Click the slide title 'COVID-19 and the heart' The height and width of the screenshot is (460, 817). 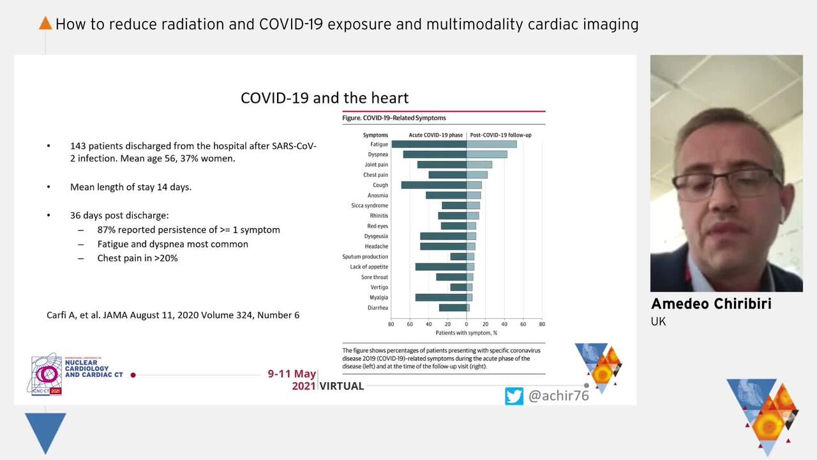click(x=324, y=98)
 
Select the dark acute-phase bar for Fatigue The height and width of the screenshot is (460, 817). click(x=429, y=144)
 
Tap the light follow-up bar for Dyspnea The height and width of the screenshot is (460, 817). click(x=486, y=155)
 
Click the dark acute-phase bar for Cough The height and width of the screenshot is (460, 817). click(x=434, y=185)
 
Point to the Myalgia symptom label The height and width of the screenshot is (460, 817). click(x=379, y=298)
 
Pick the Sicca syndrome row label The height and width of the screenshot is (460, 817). click(x=370, y=206)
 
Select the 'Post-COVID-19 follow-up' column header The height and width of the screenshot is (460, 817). click(x=500, y=135)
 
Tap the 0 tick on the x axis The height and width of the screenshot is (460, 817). click(x=467, y=325)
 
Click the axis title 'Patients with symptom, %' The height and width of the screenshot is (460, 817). click(x=466, y=333)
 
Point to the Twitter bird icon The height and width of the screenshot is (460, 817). click(x=514, y=396)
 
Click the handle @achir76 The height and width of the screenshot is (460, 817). click(x=558, y=396)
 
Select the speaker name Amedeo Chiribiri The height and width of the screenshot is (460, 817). click(x=710, y=303)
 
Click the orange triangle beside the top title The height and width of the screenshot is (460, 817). click(x=45, y=24)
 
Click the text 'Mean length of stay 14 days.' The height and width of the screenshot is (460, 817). click(x=131, y=187)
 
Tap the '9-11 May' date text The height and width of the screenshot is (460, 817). click(x=292, y=374)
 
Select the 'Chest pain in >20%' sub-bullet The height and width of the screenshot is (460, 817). click(x=137, y=258)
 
